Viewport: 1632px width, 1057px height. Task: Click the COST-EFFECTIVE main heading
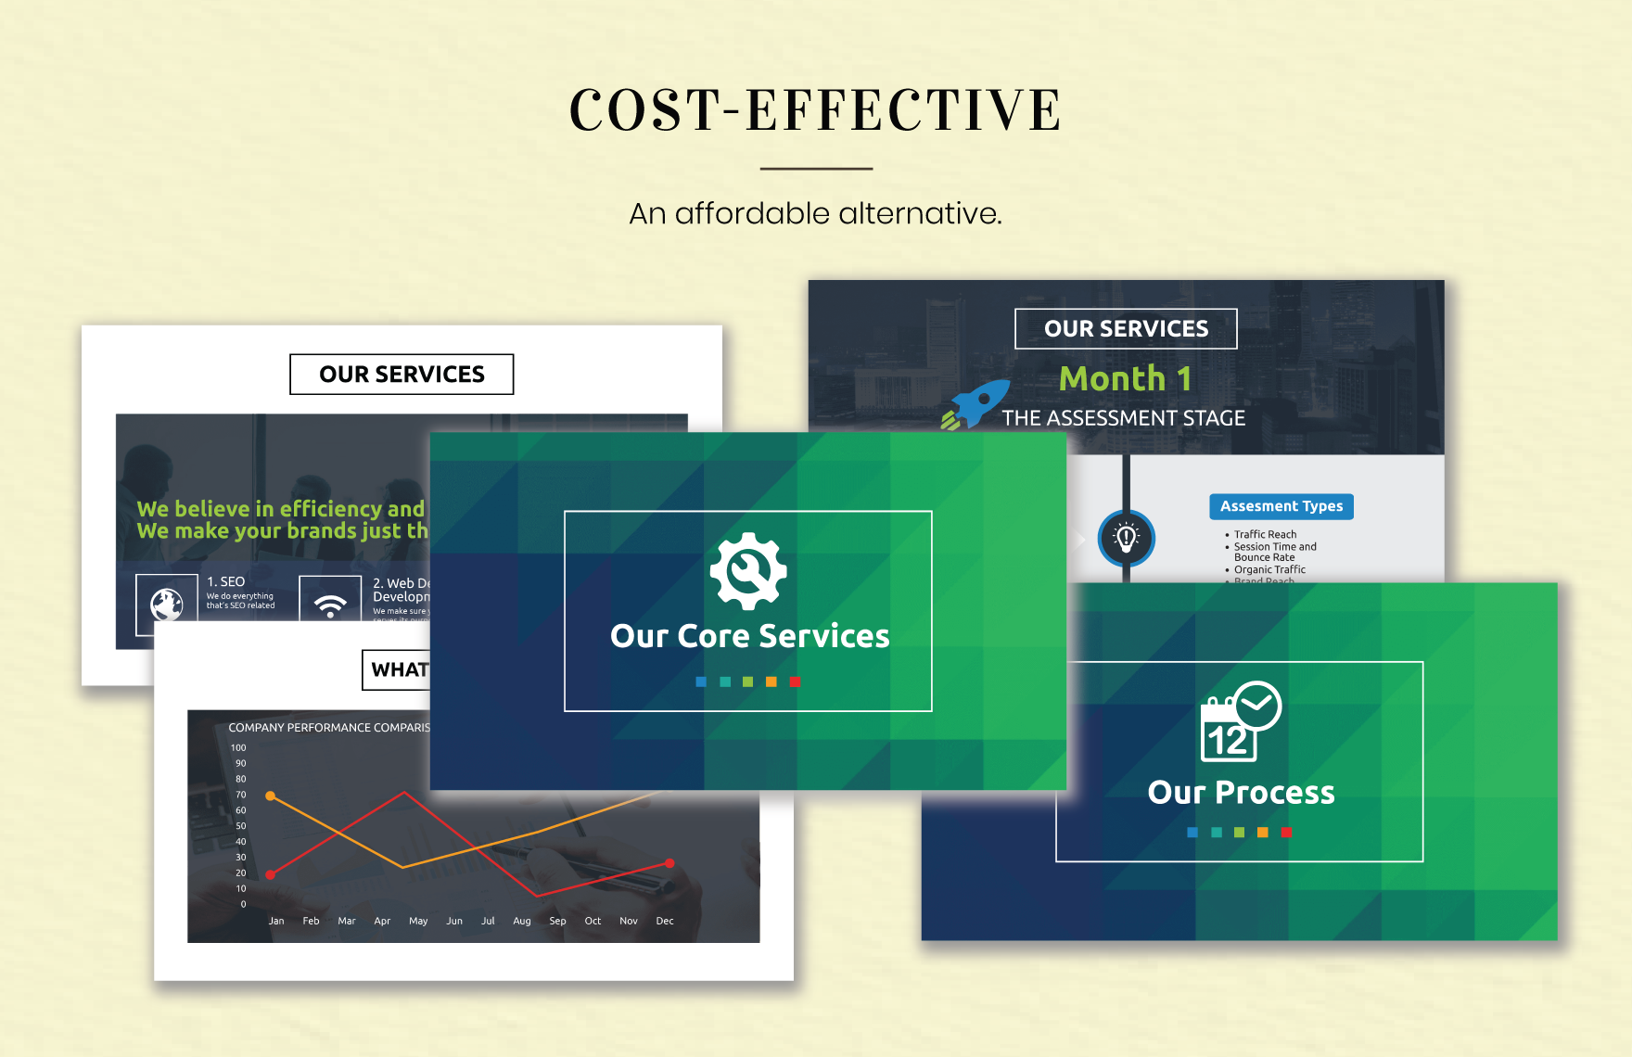(815, 109)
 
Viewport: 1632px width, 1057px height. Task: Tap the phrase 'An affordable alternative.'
(815, 213)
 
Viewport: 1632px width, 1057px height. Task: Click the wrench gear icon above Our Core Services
(748, 571)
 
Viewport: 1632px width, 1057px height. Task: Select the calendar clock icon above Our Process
(1240, 722)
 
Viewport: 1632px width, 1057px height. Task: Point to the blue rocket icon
(975, 404)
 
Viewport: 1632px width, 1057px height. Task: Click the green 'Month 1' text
(1125, 378)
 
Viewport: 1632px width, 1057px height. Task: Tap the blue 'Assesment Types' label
(1281, 506)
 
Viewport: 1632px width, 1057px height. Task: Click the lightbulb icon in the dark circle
(1126, 538)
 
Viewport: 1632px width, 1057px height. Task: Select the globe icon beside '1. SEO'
(167, 605)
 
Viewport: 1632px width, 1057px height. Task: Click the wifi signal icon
(330, 605)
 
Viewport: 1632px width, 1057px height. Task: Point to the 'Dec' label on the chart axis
(665, 921)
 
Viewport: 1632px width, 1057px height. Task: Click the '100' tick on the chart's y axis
(238, 747)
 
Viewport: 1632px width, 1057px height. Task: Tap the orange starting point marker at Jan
(271, 796)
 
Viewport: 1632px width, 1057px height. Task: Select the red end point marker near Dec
(669, 863)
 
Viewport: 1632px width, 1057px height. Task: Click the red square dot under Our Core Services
(795, 681)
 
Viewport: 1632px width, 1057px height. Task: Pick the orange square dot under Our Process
(1262, 833)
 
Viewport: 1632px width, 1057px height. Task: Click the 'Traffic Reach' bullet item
(1265, 534)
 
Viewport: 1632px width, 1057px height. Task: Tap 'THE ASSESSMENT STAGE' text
(1123, 418)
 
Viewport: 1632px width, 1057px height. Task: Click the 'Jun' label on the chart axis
(454, 921)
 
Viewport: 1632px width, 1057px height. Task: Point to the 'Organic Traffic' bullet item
(1269, 569)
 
